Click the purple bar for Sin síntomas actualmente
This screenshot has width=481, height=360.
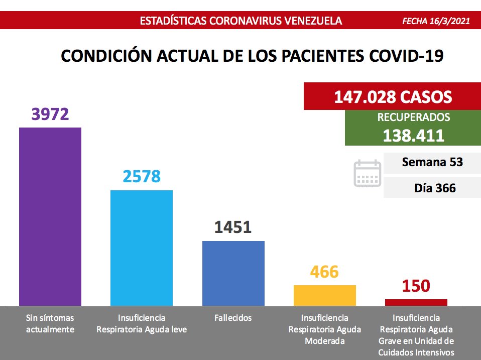click(50, 216)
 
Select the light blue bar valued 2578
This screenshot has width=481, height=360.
click(142, 248)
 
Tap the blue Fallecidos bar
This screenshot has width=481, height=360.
click(233, 273)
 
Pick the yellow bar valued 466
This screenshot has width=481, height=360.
click(324, 295)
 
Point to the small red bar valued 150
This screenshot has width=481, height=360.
click(416, 302)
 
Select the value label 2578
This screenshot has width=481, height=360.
click(142, 177)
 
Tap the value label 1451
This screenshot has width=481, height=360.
click(233, 227)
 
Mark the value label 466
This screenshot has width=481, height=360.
click(324, 272)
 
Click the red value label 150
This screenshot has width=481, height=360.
click(416, 286)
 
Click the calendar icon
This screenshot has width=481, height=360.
click(368, 174)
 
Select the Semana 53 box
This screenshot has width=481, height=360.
click(432, 162)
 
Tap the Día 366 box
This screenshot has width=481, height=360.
click(432, 188)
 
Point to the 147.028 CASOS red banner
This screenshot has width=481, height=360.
click(392, 96)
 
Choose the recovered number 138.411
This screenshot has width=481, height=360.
click(413, 135)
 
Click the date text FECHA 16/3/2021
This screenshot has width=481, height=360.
click(436, 21)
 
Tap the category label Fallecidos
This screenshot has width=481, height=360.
click(233, 318)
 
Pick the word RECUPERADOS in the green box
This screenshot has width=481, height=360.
click(413, 117)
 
